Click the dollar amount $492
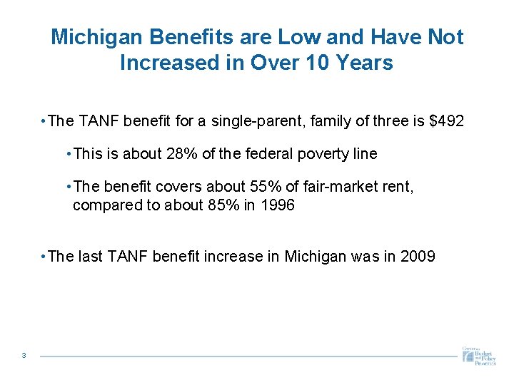[x=446, y=121]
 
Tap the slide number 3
[x=24, y=356]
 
